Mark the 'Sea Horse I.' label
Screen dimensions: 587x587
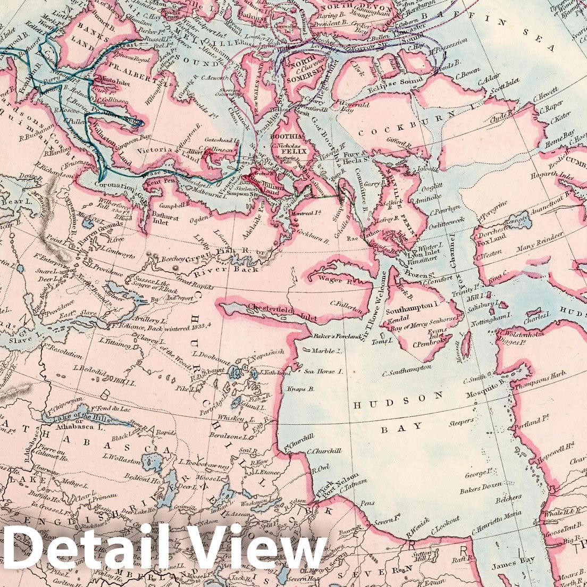323,372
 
